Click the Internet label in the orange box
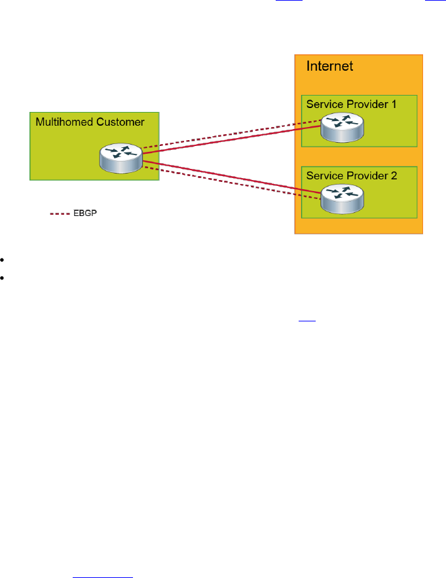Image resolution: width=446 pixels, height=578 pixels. [x=329, y=67]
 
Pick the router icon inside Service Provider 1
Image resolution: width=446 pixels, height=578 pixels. [x=343, y=127]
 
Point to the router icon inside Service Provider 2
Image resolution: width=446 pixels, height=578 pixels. [x=343, y=198]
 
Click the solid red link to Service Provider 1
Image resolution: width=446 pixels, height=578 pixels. [x=229, y=140]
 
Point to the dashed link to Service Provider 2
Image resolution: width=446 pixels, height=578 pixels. [x=229, y=183]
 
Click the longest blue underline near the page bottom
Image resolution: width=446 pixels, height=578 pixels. [x=103, y=558]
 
